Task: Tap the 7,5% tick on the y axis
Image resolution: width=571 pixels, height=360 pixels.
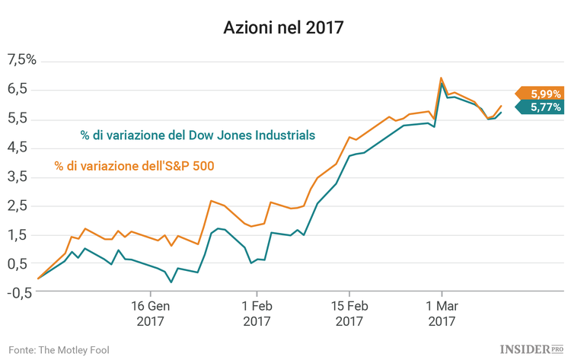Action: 21,60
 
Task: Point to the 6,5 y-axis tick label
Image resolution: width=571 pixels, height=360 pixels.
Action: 18,89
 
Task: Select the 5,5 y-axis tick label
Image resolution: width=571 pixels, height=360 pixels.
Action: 18,118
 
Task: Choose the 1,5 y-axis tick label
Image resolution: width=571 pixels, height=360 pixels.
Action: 18,234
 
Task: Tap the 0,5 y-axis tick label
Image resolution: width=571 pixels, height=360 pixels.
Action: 18,263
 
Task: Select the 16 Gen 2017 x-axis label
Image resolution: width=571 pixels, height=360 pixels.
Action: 150,314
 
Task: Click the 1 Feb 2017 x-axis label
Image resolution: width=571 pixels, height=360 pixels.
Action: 257,314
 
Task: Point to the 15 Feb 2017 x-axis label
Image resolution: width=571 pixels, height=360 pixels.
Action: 348,314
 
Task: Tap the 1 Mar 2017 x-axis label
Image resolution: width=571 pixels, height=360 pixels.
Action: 442,314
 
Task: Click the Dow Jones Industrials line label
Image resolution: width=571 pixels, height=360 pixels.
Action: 198,135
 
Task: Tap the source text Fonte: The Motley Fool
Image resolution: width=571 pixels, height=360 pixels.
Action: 59,349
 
